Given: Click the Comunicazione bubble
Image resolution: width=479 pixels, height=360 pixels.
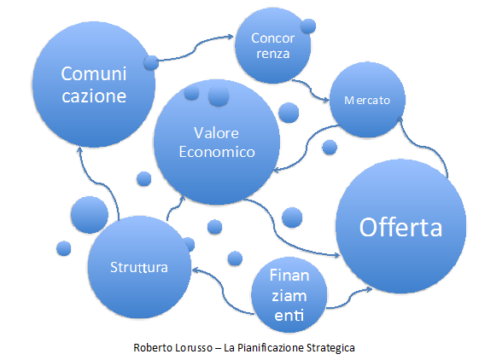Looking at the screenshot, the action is (x=94, y=84).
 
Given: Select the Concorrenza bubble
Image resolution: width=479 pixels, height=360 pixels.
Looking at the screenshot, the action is (x=272, y=46).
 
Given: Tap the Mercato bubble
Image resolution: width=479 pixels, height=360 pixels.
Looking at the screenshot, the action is (x=367, y=100).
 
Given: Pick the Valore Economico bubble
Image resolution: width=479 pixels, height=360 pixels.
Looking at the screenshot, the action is (x=217, y=142).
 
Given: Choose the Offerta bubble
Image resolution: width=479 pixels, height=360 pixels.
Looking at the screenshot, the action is (x=400, y=226).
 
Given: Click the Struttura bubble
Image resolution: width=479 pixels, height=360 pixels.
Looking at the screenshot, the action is (x=139, y=267).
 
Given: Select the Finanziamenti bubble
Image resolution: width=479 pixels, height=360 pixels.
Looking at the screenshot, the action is (x=289, y=294).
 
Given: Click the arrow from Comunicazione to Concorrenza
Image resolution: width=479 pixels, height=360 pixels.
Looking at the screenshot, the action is (x=195, y=49).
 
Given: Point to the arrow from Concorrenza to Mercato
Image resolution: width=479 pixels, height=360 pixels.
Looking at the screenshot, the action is (x=311, y=90).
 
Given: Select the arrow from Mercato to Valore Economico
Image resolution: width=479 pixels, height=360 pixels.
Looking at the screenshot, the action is (x=307, y=147).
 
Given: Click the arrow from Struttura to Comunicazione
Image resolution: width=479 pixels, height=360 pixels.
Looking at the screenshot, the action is (x=101, y=183).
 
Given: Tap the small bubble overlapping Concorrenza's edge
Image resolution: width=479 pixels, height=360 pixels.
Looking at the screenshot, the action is (x=308, y=26).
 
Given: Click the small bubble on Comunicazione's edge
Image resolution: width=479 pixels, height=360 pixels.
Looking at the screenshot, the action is (x=151, y=63).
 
